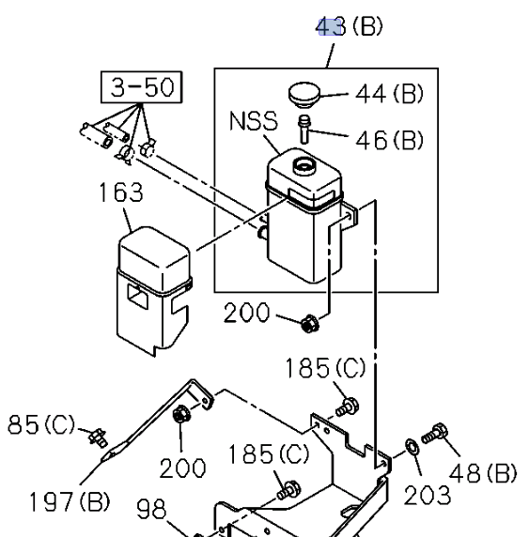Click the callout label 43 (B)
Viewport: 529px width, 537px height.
click(x=349, y=26)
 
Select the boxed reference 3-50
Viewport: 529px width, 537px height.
click(x=141, y=87)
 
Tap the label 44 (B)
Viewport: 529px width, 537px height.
click(x=389, y=94)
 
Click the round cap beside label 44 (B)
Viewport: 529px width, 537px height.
click(x=304, y=95)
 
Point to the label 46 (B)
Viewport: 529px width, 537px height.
click(x=389, y=141)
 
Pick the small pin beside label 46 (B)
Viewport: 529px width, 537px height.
click(x=304, y=130)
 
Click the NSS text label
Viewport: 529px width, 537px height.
click(x=254, y=121)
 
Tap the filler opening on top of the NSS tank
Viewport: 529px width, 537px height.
click(x=303, y=166)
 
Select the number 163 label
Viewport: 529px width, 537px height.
click(x=120, y=192)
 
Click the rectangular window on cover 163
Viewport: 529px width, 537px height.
click(x=138, y=297)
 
